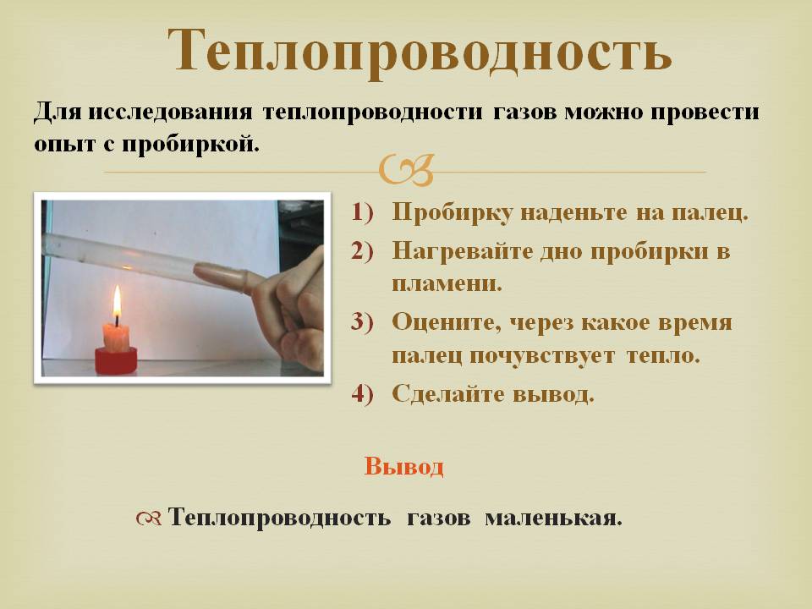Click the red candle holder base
pyautogui.click(x=116, y=360)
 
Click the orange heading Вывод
pyautogui.click(x=404, y=466)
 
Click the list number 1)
pyautogui.click(x=363, y=212)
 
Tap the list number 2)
pyautogui.click(x=363, y=251)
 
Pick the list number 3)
pyautogui.click(x=363, y=322)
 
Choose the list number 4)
pyautogui.click(x=363, y=394)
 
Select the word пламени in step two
pyautogui.click(x=447, y=284)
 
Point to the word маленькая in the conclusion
pyautogui.click(x=553, y=518)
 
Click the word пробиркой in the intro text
pyautogui.click(x=190, y=144)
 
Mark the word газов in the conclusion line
pyautogui.click(x=439, y=518)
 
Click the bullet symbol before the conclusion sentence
pyautogui.click(x=150, y=518)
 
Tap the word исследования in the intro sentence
pyautogui.click(x=170, y=112)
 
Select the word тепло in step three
pyautogui.click(x=663, y=356)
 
